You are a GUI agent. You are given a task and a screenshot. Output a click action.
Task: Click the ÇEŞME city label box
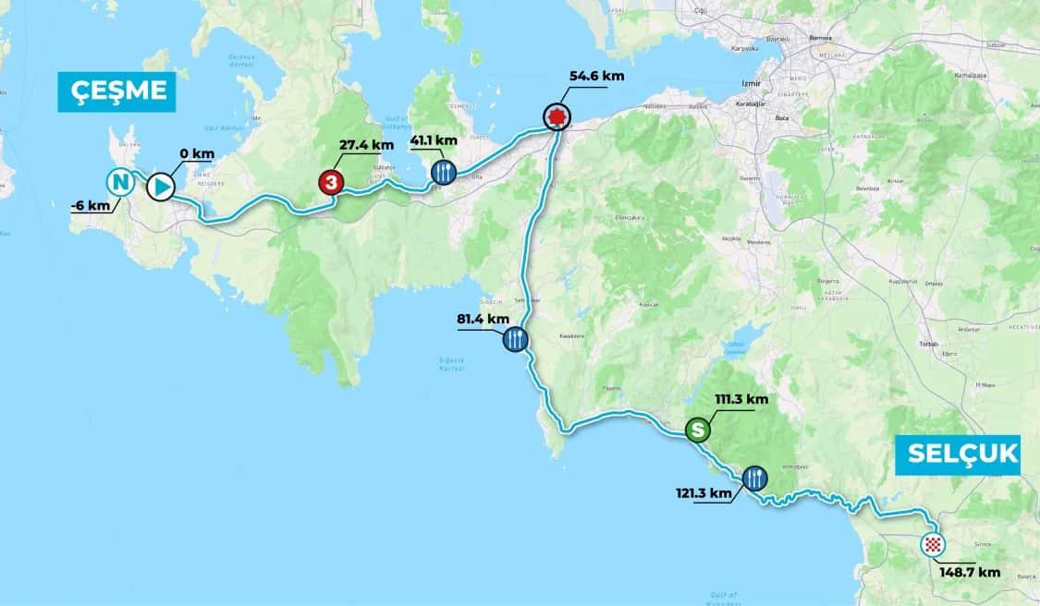(x=116, y=91)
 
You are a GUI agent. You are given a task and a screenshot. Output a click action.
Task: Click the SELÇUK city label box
(x=958, y=454)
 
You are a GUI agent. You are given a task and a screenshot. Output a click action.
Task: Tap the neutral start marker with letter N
(x=118, y=181)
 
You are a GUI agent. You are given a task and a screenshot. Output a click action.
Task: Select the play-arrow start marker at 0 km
(x=160, y=187)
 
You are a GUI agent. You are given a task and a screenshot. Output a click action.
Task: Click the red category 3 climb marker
(x=330, y=182)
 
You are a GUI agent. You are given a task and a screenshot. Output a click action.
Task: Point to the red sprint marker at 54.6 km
(x=556, y=116)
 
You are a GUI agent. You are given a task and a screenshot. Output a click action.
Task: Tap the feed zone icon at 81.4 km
(x=515, y=340)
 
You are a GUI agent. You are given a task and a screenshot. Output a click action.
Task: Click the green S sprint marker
(x=699, y=430)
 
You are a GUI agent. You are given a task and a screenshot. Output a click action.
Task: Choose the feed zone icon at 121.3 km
(x=754, y=478)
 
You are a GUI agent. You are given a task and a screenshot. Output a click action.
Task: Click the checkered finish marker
(x=934, y=545)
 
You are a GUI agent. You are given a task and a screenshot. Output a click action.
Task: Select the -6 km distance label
(x=89, y=205)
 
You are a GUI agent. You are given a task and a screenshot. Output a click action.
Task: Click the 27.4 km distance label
(x=367, y=145)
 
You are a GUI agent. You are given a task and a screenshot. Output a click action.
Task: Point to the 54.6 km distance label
(x=593, y=75)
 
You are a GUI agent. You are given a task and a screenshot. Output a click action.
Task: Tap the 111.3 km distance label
(x=741, y=400)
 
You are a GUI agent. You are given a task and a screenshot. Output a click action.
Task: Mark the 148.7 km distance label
(x=970, y=572)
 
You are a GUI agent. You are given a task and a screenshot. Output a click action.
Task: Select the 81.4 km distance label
(x=483, y=319)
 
